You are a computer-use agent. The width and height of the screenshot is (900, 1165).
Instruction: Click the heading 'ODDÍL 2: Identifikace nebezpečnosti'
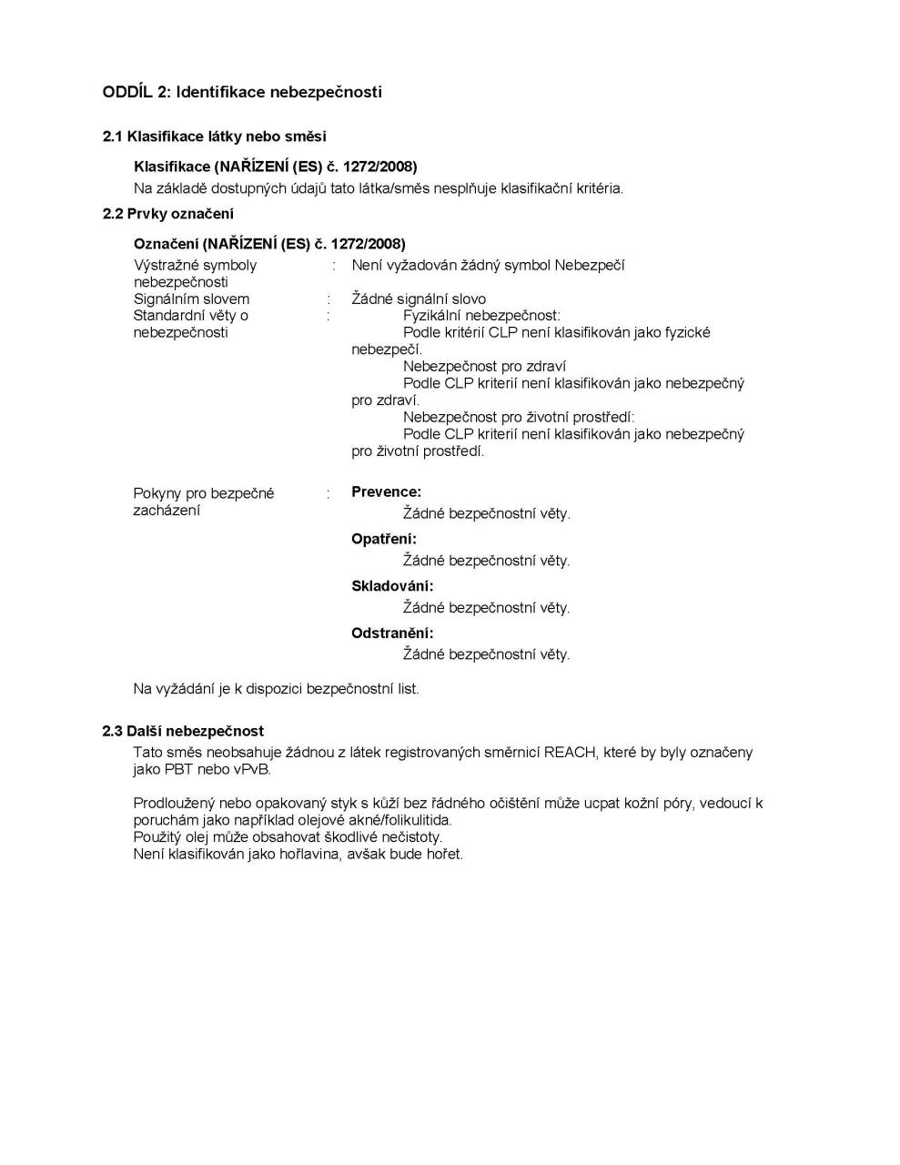point(242,92)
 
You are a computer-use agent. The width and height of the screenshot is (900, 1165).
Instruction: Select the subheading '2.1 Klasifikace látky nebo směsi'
point(214,137)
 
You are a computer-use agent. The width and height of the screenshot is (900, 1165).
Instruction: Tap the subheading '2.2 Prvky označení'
point(168,214)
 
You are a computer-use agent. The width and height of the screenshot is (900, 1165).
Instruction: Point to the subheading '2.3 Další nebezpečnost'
point(183,731)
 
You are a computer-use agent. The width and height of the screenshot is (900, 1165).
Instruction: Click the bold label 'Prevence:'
point(386,492)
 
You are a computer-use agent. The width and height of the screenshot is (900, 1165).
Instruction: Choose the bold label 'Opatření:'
point(383,539)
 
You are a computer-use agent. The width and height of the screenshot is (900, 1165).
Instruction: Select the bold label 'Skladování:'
point(392,586)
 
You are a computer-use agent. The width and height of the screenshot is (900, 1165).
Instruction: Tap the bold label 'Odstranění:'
point(392,633)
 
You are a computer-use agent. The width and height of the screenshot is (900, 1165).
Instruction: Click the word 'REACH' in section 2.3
point(569,753)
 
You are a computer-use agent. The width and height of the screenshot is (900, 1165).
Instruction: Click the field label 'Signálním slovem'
point(191,299)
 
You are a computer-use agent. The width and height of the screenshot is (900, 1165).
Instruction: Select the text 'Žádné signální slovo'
point(419,299)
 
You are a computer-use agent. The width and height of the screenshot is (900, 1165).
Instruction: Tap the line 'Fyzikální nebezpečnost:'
point(481,316)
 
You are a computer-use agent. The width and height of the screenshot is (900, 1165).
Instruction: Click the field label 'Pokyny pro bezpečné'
point(204,493)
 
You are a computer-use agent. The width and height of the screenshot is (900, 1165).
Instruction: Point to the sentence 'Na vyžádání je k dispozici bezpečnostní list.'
point(276,689)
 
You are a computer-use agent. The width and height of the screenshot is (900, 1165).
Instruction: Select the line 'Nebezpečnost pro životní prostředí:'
point(519,418)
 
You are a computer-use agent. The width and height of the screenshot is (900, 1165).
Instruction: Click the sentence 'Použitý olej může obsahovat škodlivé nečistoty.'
point(288,837)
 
